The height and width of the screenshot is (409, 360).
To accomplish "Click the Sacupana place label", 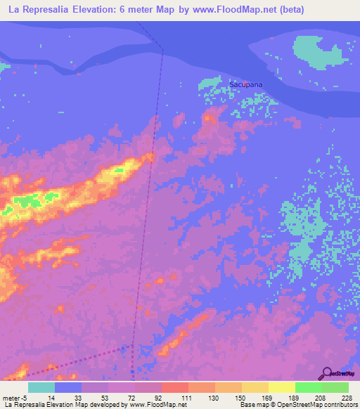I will coord(245,84).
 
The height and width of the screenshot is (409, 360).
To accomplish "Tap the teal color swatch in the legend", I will coord(41,387).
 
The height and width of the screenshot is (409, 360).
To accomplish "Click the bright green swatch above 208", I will coord(308,387).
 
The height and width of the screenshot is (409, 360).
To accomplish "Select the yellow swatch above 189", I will coord(281,387).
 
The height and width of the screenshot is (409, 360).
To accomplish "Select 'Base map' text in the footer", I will coord(252,405).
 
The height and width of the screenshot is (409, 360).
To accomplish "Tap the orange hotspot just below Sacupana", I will coord(208,119).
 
